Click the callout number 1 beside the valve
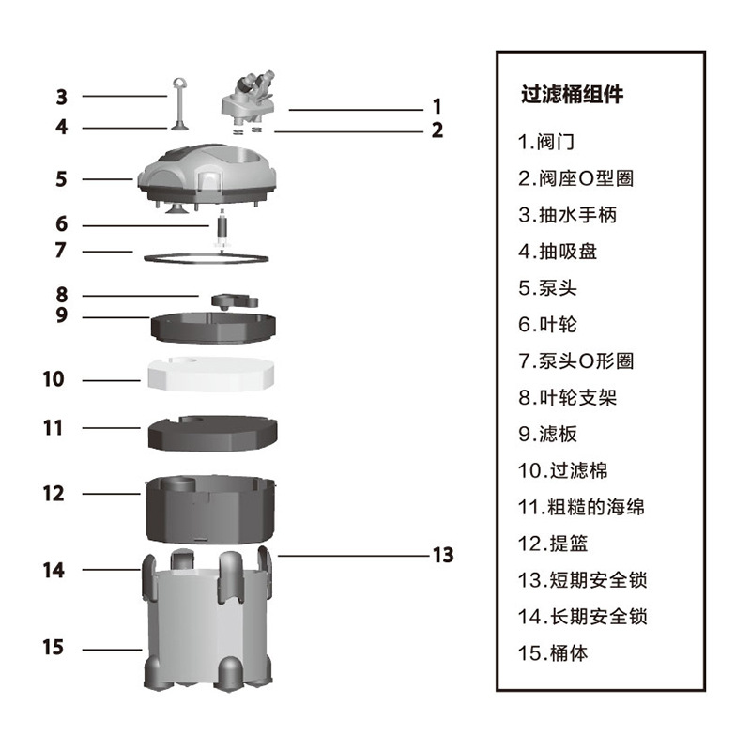[x=437, y=107]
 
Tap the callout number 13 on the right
[x=442, y=555]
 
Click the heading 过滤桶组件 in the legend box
[x=572, y=94]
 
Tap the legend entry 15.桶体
[x=553, y=652]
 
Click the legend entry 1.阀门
[x=546, y=143]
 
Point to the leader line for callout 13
[x=347, y=555]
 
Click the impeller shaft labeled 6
[x=222, y=229]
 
